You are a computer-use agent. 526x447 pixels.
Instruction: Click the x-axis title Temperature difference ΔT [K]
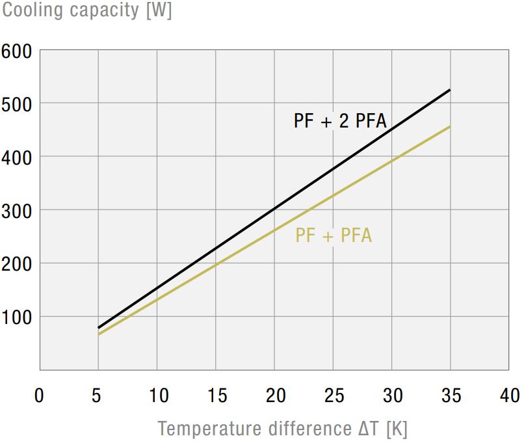click(x=282, y=429)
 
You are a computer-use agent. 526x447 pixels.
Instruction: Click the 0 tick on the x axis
click(x=40, y=395)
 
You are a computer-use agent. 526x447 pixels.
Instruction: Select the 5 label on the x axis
click(x=98, y=395)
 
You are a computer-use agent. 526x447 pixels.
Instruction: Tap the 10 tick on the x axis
click(x=157, y=395)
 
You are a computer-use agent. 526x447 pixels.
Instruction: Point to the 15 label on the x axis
click(x=216, y=395)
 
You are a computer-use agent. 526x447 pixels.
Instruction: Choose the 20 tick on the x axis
click(x=275, y=395)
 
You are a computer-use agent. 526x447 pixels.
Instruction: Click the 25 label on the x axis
click(x=334, y=395)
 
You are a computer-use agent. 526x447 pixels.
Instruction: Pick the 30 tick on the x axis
click(x=392, y=395)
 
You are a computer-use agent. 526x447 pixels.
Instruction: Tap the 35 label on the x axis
click(x=451, y=395)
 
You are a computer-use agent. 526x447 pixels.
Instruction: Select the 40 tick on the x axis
click(x=509, y=395)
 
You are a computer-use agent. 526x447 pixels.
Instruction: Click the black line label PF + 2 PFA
click(x=340, y=121)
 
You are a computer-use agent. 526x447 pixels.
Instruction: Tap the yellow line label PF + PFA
click(x=334, y=235)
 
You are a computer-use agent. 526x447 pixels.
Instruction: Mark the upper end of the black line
click(x=450, y=90)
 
